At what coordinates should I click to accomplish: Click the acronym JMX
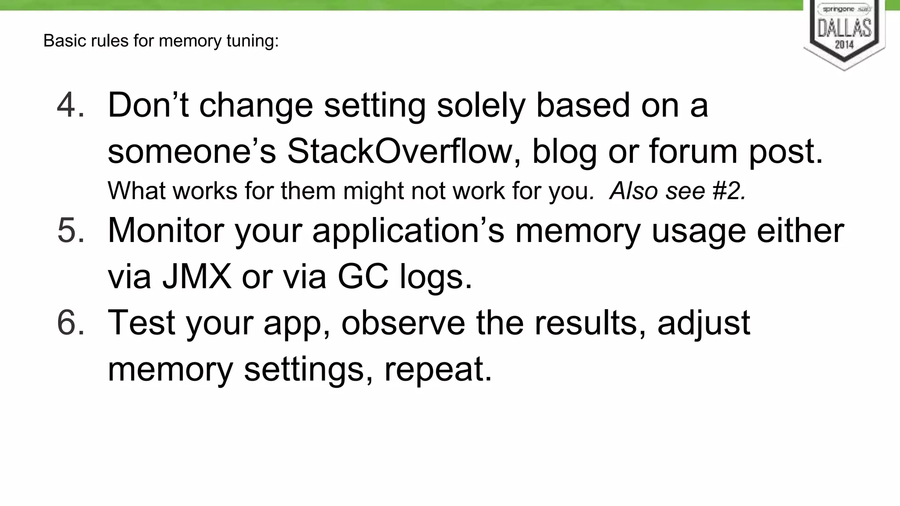click(x=196, y=277)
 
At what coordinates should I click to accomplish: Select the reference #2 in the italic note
click(x=729, y=191)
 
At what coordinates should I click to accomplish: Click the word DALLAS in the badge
click(x=844, y=28)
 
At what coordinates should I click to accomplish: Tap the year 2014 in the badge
click(x=844, y=44)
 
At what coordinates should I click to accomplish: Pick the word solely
click(x=481, y=105)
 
